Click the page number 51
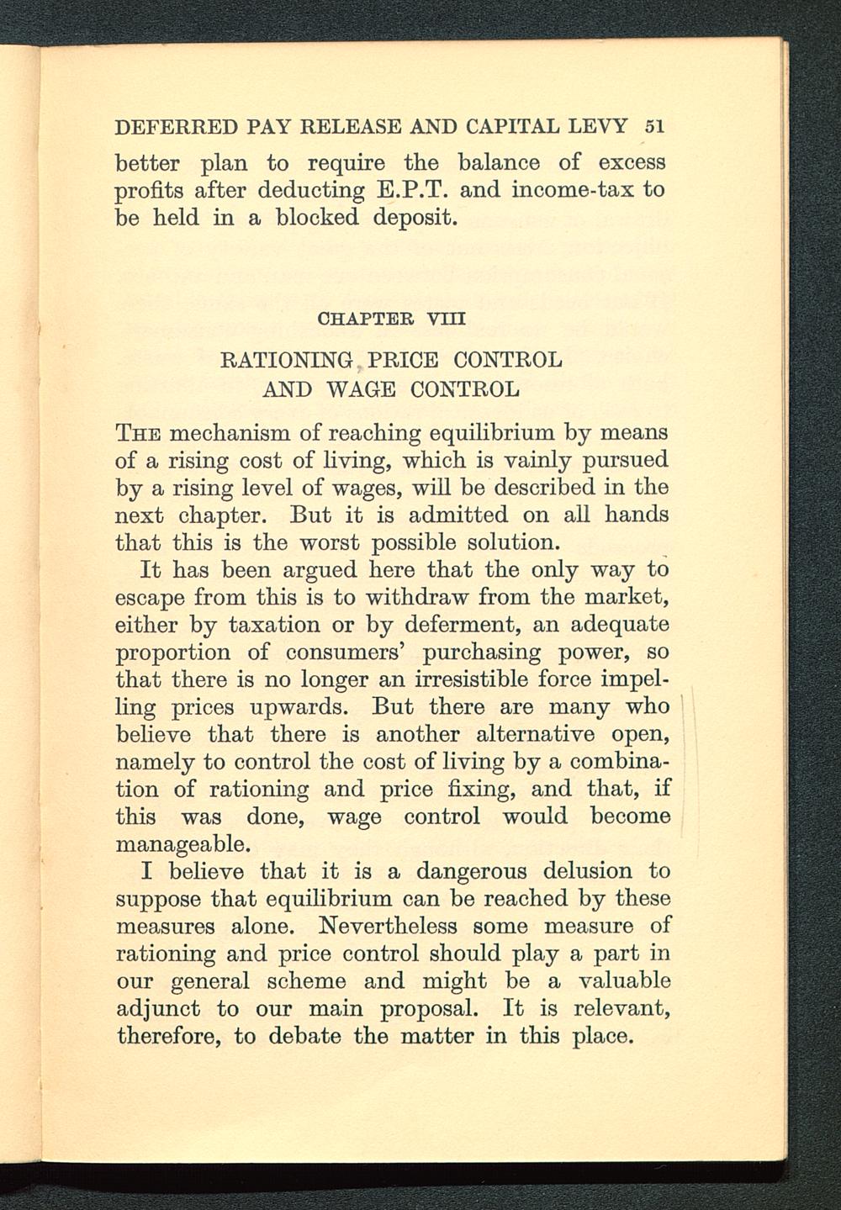654,127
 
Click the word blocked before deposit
316,218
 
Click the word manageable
181,843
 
